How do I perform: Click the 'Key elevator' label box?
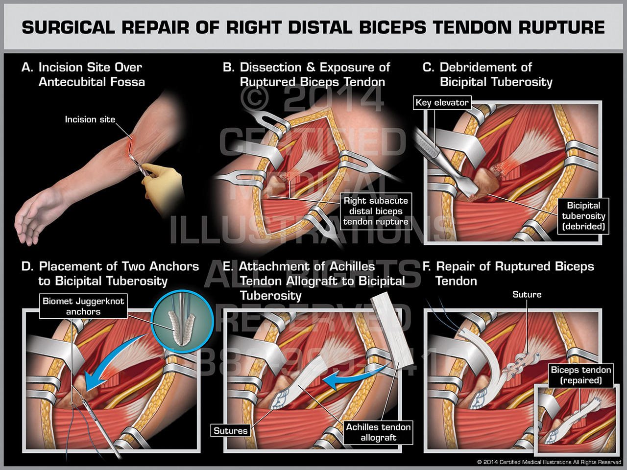pos(442,102)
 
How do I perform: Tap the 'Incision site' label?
pos(90,119)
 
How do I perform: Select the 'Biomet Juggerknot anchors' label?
pos(83,306)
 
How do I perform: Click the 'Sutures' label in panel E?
pos(230,431)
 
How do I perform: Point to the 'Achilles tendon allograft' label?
pos(378,432)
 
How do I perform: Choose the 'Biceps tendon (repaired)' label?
pos(580,375)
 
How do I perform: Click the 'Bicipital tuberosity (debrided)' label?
pos(583,216)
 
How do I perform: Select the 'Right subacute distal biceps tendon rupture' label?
pos(375,211)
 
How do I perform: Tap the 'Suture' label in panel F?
pos(527,294)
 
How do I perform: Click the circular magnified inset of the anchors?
pos(182,321)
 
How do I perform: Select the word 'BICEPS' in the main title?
pos(393,27)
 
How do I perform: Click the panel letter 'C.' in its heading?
pos(428,67)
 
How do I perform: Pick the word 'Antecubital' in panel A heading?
pos(74,82)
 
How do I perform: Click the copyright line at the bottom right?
pos(549,462)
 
